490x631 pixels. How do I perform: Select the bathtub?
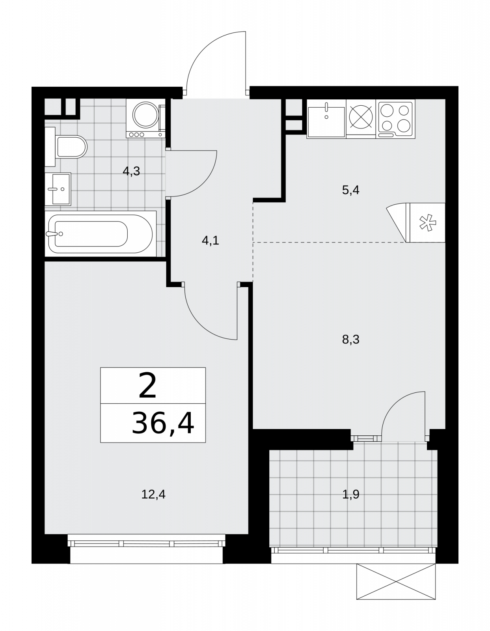tap(101, 234)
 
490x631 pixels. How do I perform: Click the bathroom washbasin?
tap(58, 189)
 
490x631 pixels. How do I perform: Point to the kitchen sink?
tap(326, 119)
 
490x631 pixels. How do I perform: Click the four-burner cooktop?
tap(396, 119)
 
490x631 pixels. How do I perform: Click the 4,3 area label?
tap(131, 172)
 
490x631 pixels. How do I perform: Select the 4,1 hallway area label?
tap(211, 241)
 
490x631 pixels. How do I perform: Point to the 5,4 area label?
tap(351, 190)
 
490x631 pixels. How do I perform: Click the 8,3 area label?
tap(351, 340)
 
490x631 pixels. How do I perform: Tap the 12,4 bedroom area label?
tap(153, 494)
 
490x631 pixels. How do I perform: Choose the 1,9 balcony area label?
tap(351, 494)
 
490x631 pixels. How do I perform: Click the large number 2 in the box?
tap(148, 386)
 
